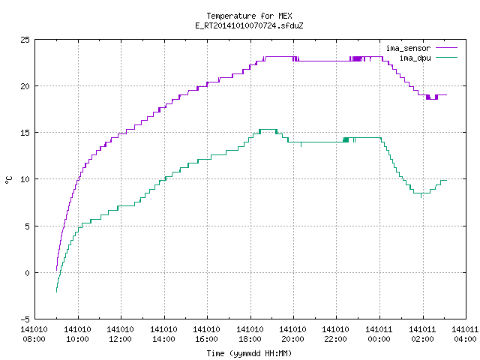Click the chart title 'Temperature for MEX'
point(249,16)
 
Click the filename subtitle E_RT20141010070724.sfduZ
point(249,25)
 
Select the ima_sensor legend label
point(408,48)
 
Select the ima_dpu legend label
point(415,58)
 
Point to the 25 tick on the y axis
point(25,40)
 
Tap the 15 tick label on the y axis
point(25,133)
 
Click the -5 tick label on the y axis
point(25,319)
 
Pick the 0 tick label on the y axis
point(27,273)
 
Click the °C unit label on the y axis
point(9,180)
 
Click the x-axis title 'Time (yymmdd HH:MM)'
point(249,353)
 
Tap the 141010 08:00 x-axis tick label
point(34,334)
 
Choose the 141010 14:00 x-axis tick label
point(163,334)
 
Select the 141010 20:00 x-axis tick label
point(293,334)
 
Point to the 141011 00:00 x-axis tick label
point(379,334)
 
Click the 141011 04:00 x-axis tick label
point(465,334)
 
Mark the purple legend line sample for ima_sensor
point(446,48)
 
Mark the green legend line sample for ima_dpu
point(446,57)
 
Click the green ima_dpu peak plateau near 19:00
point(268,130)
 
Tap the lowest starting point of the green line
point(57,292)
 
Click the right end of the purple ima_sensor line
point(447,95)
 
